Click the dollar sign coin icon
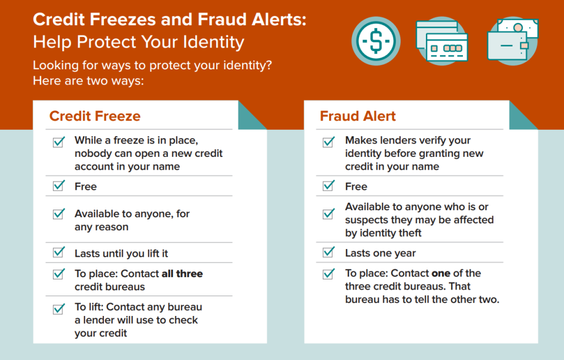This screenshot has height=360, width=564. click(376, 41)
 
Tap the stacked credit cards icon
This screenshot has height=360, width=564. click(442, 41)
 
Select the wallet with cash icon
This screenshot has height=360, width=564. click(513, 41)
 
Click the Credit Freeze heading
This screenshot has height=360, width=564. click(95, 116)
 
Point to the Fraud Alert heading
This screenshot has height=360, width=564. click(358, 116)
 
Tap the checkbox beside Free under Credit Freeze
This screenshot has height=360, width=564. click(59, 186)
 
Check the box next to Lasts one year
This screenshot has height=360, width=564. click(329, 252)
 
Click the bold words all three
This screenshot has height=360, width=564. click(182, 274)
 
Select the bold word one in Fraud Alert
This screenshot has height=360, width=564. click(441, 273)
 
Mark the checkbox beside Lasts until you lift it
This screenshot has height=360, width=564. click(59, 252)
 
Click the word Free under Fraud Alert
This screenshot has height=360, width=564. click(356, 186)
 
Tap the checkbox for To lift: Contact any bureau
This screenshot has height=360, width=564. click(59, 309)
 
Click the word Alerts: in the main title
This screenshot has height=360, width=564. click(278, 19)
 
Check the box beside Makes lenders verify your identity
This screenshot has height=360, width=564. click(329, 142)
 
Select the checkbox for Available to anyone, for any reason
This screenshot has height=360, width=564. click(59, 214)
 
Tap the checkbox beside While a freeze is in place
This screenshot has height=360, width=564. click(59, 142)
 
